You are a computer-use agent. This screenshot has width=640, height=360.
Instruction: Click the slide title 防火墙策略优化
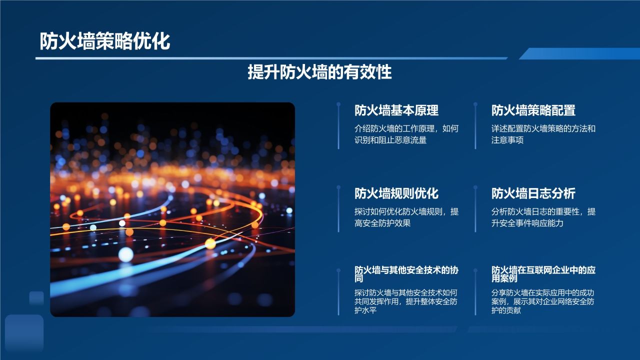[x=105, y=41]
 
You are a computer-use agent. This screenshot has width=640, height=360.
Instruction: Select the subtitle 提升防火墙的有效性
[x=319, y=72]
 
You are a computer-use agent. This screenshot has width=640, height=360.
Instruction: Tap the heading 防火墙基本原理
[x=396, y=110]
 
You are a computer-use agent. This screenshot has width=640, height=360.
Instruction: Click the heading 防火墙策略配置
[x=533, y=110]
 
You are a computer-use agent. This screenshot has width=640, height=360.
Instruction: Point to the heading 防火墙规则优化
[x=396, y=193]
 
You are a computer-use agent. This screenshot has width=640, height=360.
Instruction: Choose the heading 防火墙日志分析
[x=533, y=193]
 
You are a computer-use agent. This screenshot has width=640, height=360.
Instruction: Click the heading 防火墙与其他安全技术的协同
[x=406, y=274]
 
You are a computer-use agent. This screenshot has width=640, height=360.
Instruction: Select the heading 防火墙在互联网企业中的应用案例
[x=543, y=274]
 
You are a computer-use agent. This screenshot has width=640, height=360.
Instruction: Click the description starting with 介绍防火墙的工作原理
[x=406, y=134]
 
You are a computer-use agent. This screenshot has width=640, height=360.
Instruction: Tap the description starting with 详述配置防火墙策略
[x=543, y=134]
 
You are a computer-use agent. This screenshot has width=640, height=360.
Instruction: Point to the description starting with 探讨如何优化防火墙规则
[x=406, y=217]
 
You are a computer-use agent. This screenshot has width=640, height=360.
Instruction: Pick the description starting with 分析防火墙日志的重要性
[x=543, y=217]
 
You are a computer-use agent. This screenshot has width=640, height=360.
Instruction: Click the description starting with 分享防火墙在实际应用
[x=543, y=301]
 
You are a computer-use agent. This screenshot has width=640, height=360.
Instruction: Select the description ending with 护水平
[x=406, y=301]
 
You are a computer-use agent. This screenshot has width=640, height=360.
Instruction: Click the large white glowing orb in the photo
[x=126, y=254]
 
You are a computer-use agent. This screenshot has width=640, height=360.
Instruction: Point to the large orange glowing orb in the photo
[x=210, y=243]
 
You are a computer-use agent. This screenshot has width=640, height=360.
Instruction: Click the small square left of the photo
[x=36, y=298]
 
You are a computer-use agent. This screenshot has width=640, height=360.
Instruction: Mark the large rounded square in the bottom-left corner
[x=24, y=333]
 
